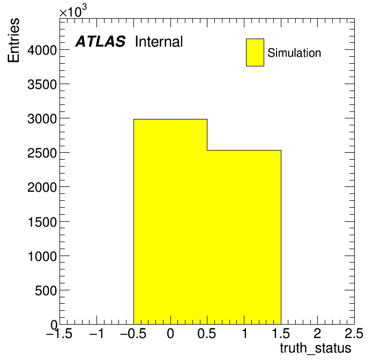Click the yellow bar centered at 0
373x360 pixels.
[170, 222]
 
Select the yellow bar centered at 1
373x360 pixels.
[244, 237]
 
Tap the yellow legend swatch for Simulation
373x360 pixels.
[255, 52]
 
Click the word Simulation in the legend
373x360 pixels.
[294, 53]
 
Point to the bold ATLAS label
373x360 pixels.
[100, 41]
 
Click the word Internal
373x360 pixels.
[159, 41]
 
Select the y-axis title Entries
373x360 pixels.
[13, 40]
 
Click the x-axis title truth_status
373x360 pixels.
[316, 349]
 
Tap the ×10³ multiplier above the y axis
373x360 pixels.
[73, 11]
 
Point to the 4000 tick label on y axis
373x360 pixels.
[42, 50]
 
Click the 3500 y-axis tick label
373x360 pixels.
[42, 85]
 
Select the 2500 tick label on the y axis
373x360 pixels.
[42, 153]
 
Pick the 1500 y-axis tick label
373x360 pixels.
[42, 222]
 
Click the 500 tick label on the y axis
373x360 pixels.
[46, 290]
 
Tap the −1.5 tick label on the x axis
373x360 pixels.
[59, 333]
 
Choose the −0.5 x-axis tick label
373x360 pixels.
[133, 333]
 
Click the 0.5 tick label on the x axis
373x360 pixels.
[207, 333]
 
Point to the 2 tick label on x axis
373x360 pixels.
[317, 333]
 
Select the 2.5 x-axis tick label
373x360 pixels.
[354, 333]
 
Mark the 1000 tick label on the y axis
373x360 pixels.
[42, 257]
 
